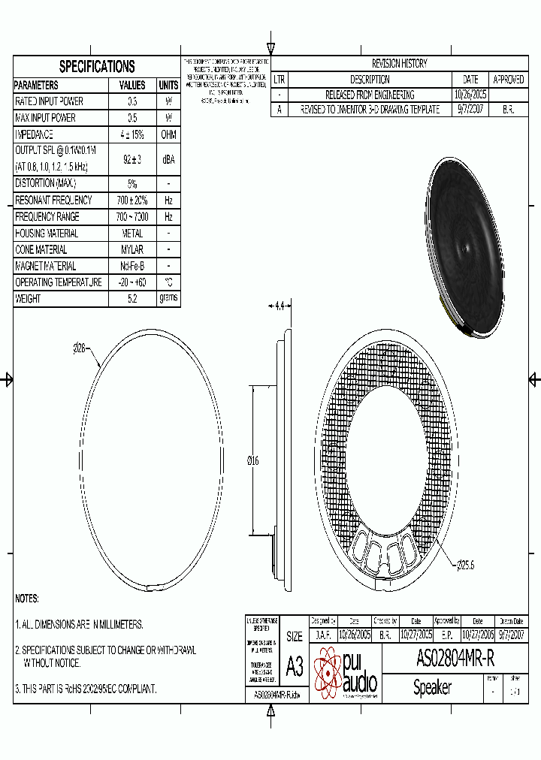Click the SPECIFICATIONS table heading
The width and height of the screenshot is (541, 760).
pyautogui.click(x=97, y=66)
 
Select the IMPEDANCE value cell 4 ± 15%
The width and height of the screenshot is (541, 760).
pyautogui.click(x=132, y=134)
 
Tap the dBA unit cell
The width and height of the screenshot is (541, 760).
pyautogui.click(x=168, y=159)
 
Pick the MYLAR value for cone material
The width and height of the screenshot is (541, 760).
pyautogui.click(x=132, y=249)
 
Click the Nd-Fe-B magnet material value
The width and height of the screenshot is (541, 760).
pyautogui.click(x=132, y=266)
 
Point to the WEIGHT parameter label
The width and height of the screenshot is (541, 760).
pyautogui.click(x=28, y=299)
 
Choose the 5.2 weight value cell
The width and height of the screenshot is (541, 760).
pyautogui.click(x=132, y=299)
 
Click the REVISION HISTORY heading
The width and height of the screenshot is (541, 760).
pyautogui.click(x=399, y=64)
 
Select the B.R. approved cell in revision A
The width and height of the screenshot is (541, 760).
pyautogui.click(x=508, y=110)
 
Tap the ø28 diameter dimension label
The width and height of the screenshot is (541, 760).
pyautogui.click(x=80, y=348)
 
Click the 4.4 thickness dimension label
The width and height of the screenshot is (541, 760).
pyautogui.click(x=280, y=306)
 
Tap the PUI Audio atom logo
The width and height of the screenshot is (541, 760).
pyautogui.click(x=328, y=672)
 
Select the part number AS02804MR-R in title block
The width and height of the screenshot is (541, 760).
pyautogui.click(x=455, y=659)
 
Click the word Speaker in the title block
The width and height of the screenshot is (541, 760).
pyautogui.click(x=432, y=687)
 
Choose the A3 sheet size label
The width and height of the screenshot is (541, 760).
pyautogui.click(x=295, y=666)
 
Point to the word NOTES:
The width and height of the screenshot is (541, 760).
pyautogui.click(x=27, y=599)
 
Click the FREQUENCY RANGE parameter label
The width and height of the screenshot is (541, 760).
pyautogui.click(x=53, y=216)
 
